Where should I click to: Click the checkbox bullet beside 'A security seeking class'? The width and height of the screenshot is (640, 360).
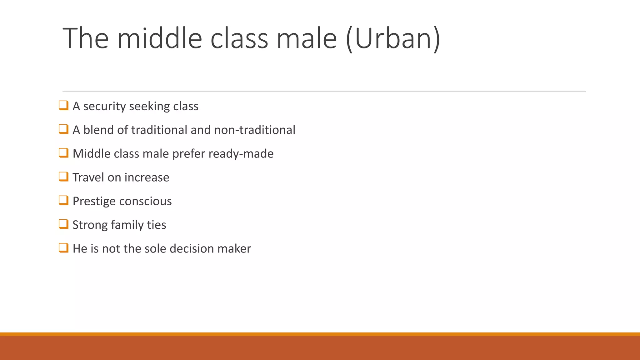coord(63,105)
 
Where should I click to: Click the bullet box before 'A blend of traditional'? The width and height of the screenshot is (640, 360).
coord(63,129)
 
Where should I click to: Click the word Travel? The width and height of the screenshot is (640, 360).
coord(88,177)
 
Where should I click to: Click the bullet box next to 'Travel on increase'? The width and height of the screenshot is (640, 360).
coord(63,177)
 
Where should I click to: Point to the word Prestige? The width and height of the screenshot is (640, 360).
coord(94,201)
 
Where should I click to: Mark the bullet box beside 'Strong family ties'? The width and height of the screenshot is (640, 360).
coord(63,224)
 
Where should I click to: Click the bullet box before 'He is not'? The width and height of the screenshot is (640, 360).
coord(63,248)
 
